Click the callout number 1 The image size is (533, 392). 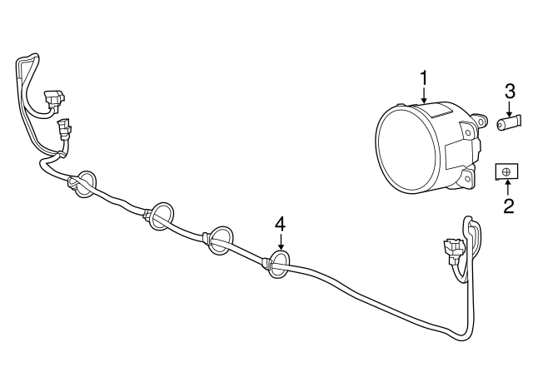point(424,78)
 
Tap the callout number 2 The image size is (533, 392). point(509,206)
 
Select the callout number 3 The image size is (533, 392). point(509,91)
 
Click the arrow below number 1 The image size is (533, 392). point(424,96)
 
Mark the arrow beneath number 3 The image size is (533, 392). point(509,108)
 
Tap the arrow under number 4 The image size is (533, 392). point(281,241)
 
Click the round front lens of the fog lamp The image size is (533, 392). point(406,150)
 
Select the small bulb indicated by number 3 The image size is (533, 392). point(509,123)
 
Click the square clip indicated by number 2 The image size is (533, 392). point(506,172)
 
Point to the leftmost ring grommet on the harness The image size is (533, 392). point(85,184)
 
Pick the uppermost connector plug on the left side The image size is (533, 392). point(54,98)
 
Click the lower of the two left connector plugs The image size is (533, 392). point(65,130)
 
